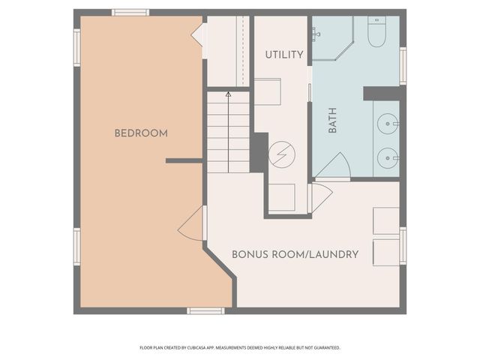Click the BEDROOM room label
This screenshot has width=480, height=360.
pyautogui.click(x=141, y=133)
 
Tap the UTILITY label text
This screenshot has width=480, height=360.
pyautogui.click(x=284, y=55)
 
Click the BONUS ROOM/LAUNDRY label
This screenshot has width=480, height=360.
pyautogui.click(x=295, y=254)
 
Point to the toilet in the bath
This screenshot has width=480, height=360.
pyautogui.click(x=376, y=33)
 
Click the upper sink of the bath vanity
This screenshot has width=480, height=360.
pyautogui.click(x=387, y=122)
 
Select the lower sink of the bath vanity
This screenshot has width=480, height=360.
pyautogui.click(x=387, y=157)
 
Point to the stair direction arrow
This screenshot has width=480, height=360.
pyautogui.click(x=228, y=95)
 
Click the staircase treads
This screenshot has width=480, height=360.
pyautogui.click(x=228, y=135)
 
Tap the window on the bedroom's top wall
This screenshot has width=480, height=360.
pyautogui.click(x=130, y=12)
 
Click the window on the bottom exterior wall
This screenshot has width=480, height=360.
pyautogui.click(x=205, y=310)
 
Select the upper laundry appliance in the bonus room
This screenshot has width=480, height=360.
pyautogui.click(x=386, y=220)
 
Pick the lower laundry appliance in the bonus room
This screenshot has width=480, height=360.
pyautogui.click(x=386, y=252)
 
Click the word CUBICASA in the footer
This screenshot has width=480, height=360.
pyautogui.click(x=214, y=348)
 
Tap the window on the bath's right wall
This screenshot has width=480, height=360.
pyautogui.click(x=403, y=66)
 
